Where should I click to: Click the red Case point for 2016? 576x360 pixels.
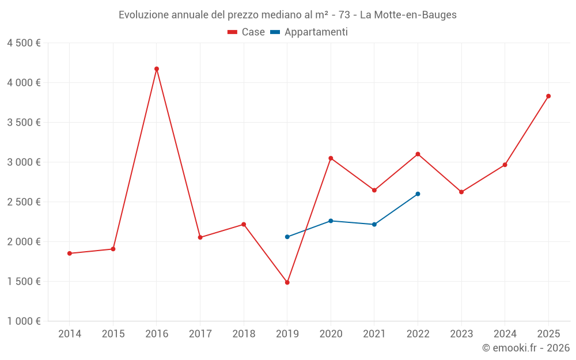157,69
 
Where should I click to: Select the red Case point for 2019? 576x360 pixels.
287,282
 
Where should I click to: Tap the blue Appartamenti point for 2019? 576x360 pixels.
287,237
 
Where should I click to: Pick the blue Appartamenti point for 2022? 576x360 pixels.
418,194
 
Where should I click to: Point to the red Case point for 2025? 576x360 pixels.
548,96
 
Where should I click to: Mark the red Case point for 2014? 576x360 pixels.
70,253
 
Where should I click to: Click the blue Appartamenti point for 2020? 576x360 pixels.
331,221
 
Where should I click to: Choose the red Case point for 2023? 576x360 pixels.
461,192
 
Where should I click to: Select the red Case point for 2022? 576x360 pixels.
418,154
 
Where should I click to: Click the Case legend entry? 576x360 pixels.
247,32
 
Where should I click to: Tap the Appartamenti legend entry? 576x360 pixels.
309,32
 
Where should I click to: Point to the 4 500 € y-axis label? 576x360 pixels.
24,43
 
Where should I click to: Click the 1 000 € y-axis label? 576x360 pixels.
24,321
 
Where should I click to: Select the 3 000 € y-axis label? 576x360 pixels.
24,162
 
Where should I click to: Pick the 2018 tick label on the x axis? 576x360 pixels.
244,334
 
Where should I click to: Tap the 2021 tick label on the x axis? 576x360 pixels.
374,334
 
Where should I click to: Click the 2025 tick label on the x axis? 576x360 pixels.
548,334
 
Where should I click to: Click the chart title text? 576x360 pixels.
287,15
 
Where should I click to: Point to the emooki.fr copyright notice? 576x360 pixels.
526,348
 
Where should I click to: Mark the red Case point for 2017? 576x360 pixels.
200,237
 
